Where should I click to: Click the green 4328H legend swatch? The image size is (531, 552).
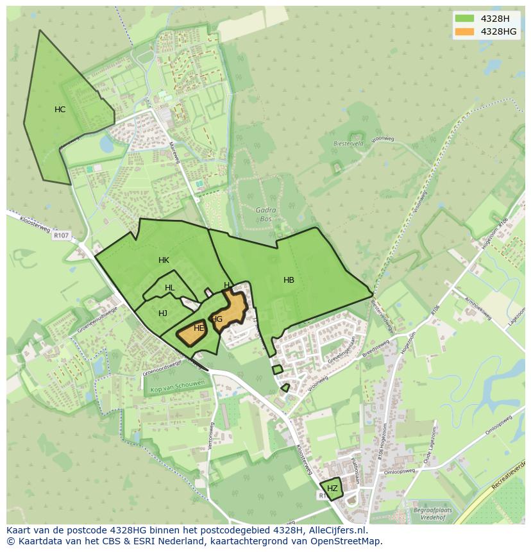[x=465, y=18]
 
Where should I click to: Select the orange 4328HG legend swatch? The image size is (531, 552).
[x=465, y=31]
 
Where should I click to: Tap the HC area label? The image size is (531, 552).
[x=60, y=110]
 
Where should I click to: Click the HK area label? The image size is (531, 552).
[x=164, y=260]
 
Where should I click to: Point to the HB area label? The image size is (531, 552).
[x=289, y=280]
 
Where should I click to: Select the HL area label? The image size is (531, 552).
[x=169, y=289]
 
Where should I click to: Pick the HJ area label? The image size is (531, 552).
[x=163, y=314]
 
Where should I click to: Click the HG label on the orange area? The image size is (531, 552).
[x=217, y=319]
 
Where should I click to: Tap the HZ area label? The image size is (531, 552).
[x=332, y=489]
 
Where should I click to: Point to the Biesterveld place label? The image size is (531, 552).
[x=348, y=144]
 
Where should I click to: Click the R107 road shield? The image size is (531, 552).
[x=61, y=235]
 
